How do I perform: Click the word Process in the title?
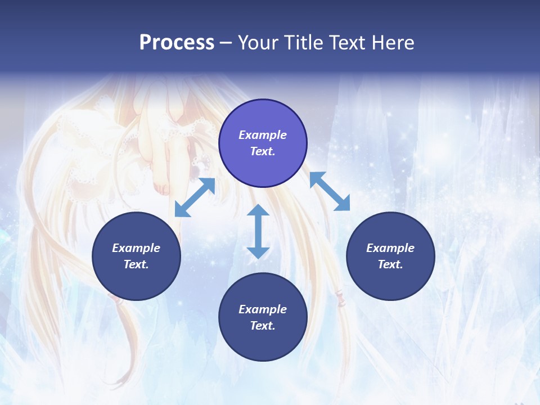177,42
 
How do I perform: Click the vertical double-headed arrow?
258,231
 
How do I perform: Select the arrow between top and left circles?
195,197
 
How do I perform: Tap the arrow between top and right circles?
330,191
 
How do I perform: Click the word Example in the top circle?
263,135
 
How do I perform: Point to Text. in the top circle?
263,151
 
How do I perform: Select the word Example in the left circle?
136,248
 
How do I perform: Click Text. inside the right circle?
390,264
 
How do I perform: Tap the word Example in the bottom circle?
263,309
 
